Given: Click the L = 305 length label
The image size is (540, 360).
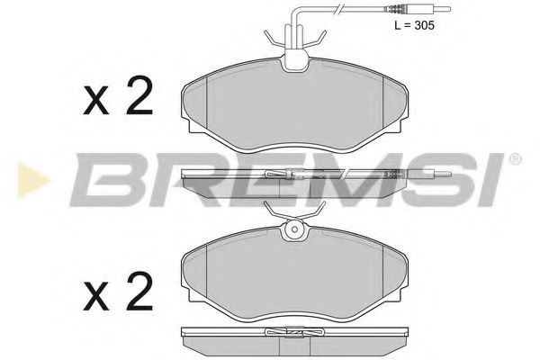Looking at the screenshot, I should pos(413,26).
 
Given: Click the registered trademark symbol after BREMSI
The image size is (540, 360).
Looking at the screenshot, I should pos(514,159).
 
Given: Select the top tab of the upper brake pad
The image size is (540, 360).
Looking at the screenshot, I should pos(293,61).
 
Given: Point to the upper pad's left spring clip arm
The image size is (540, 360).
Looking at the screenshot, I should pos(273,38).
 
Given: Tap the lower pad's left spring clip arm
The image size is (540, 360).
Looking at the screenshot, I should pos(272,210).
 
